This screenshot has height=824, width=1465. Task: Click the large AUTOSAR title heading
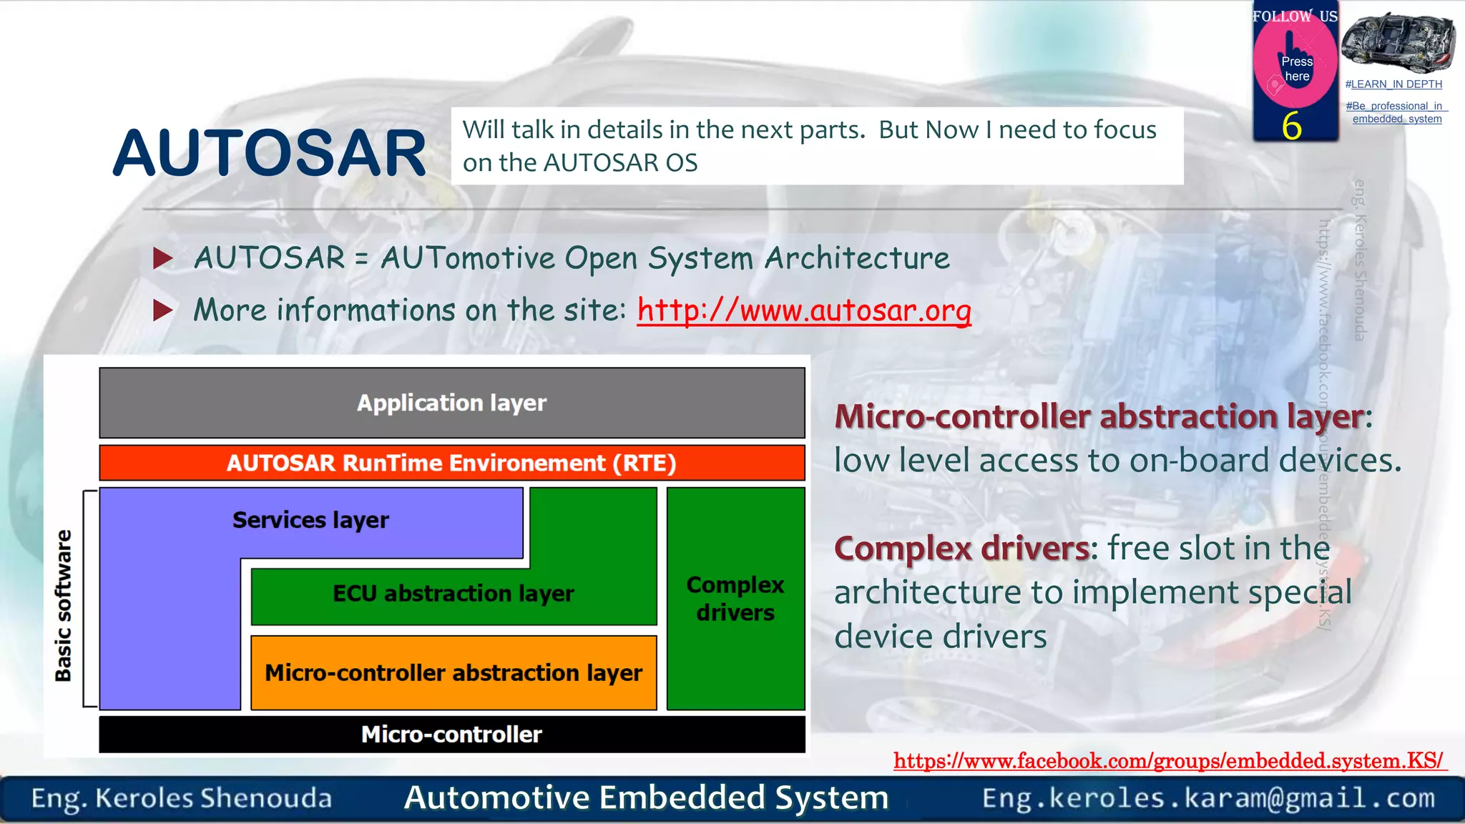[269, 153]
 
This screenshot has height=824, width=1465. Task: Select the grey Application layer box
[451, 403]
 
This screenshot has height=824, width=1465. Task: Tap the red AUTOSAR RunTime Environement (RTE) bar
[451, 463]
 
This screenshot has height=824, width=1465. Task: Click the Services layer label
[310, 520]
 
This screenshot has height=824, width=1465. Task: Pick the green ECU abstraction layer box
[453, 594]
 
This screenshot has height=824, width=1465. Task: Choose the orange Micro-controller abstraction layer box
[453, 673]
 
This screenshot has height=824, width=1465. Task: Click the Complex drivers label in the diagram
[735, 599]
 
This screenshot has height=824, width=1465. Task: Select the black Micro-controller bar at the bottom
[451, 735]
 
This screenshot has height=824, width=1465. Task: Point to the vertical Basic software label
[64, 605]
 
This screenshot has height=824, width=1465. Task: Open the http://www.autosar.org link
[804, 310]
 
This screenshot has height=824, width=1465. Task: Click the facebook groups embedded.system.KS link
[1169, 760]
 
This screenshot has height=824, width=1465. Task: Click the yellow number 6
[1291, 127]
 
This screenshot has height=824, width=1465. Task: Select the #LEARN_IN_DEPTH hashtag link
[1393, 84]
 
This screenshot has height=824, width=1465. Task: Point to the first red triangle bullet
[163, 258]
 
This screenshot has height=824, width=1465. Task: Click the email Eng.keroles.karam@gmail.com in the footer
[1208, 798]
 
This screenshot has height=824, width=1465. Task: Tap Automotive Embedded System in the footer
[646, 798]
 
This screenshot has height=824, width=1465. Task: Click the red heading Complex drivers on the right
[962, 549]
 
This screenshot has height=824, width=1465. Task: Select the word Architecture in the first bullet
[856, 258]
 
